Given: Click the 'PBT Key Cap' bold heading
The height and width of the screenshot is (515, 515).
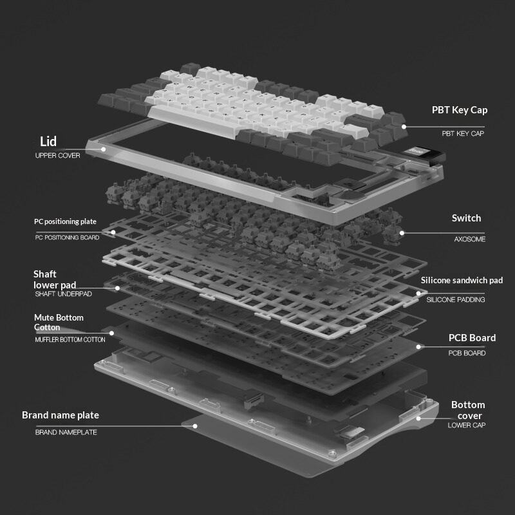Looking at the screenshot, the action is click(x=460, y=110).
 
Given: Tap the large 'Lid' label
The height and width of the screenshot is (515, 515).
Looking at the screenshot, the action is click(x=48, y=141).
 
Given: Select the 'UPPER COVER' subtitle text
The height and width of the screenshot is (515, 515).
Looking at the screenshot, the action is click(x=57, y=155).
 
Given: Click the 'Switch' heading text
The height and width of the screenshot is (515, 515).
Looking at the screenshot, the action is click(x=466, y=218).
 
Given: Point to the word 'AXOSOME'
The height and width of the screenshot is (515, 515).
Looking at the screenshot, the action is click(x=470, y=239).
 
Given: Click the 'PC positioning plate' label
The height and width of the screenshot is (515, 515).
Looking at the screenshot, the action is click(x=65, y=221).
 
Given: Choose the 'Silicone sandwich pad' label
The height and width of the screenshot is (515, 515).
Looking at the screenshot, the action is click(x=462, y=280).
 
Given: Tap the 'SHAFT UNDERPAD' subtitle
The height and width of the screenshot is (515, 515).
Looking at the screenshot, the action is click(x=63, y=294).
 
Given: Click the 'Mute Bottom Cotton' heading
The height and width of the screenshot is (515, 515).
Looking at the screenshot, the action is click(x=59, y=323).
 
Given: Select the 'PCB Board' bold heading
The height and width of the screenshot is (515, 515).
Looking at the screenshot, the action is click(x=472, y=338).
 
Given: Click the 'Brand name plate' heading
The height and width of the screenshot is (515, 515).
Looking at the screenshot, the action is click(x=61, y=415).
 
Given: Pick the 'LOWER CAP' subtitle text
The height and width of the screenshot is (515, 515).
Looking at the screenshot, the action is click(x=466, y=425).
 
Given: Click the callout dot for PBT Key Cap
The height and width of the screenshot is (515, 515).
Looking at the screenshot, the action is click(x=404, y=127).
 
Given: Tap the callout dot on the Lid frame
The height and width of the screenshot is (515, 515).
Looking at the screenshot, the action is click(x=103, y=149).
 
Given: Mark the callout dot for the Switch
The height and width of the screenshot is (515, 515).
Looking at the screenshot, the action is click(x=402, y=233).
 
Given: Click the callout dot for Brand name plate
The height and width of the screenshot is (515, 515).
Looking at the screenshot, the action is click(x=195, y=426).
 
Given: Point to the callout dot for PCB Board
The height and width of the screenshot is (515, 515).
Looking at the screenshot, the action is click(x=418, y=347).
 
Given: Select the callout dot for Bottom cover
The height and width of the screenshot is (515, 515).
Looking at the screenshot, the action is click(x=418, y=418).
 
